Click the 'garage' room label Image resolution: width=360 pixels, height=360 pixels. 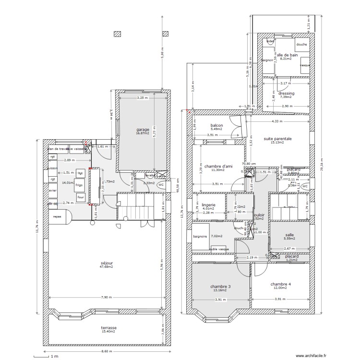[x=143, y=130]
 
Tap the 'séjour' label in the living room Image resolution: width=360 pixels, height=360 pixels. [x=107, y=264]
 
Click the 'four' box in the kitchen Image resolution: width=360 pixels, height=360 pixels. [x=81, y=197]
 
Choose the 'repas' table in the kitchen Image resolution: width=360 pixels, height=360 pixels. [x=57, y=216]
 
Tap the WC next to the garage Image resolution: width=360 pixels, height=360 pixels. [x=161, y=184]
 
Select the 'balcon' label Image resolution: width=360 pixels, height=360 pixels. [x=216, y=125]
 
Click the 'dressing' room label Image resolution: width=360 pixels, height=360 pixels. [x=286, y=93]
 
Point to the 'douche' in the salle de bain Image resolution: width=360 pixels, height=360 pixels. [x=301, y=45]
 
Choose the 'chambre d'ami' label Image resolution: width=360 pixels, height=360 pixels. [x=218, y=166]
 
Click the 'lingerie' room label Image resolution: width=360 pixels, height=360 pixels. [x=208, y=205]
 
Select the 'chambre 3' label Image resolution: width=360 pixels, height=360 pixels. [x=220, y=287]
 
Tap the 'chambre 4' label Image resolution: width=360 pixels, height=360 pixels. [x=280, y=284]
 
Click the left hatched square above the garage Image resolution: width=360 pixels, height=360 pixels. [x=117, y=34]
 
